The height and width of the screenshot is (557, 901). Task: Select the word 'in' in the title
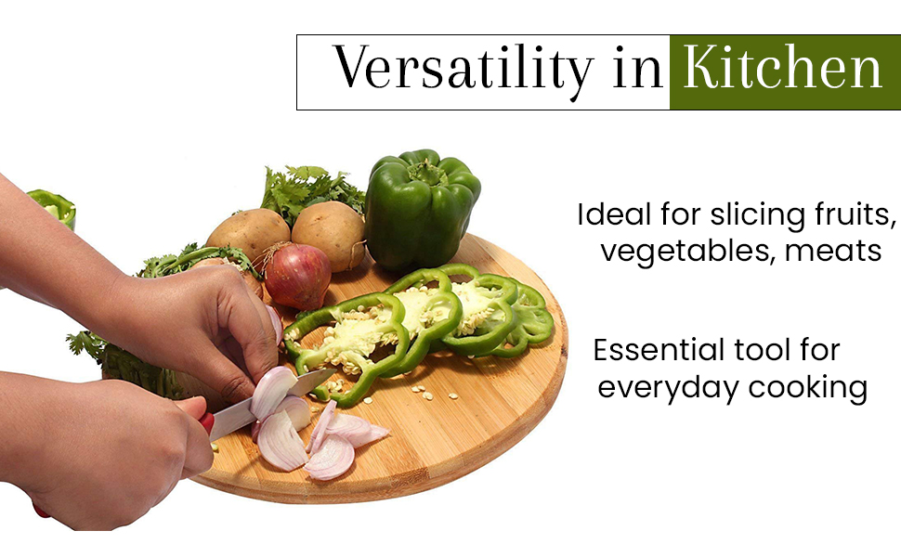tap(637, 69)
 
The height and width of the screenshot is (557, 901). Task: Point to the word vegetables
tap(686, 252)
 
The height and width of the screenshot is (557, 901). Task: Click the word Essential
tap(659, 350)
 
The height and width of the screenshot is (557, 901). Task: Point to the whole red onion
tap(296, 275)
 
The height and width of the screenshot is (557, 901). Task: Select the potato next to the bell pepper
tap(329, 235)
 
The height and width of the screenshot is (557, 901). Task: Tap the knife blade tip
tap(335, 370)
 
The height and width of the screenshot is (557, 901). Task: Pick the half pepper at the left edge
tap(52, 207)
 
